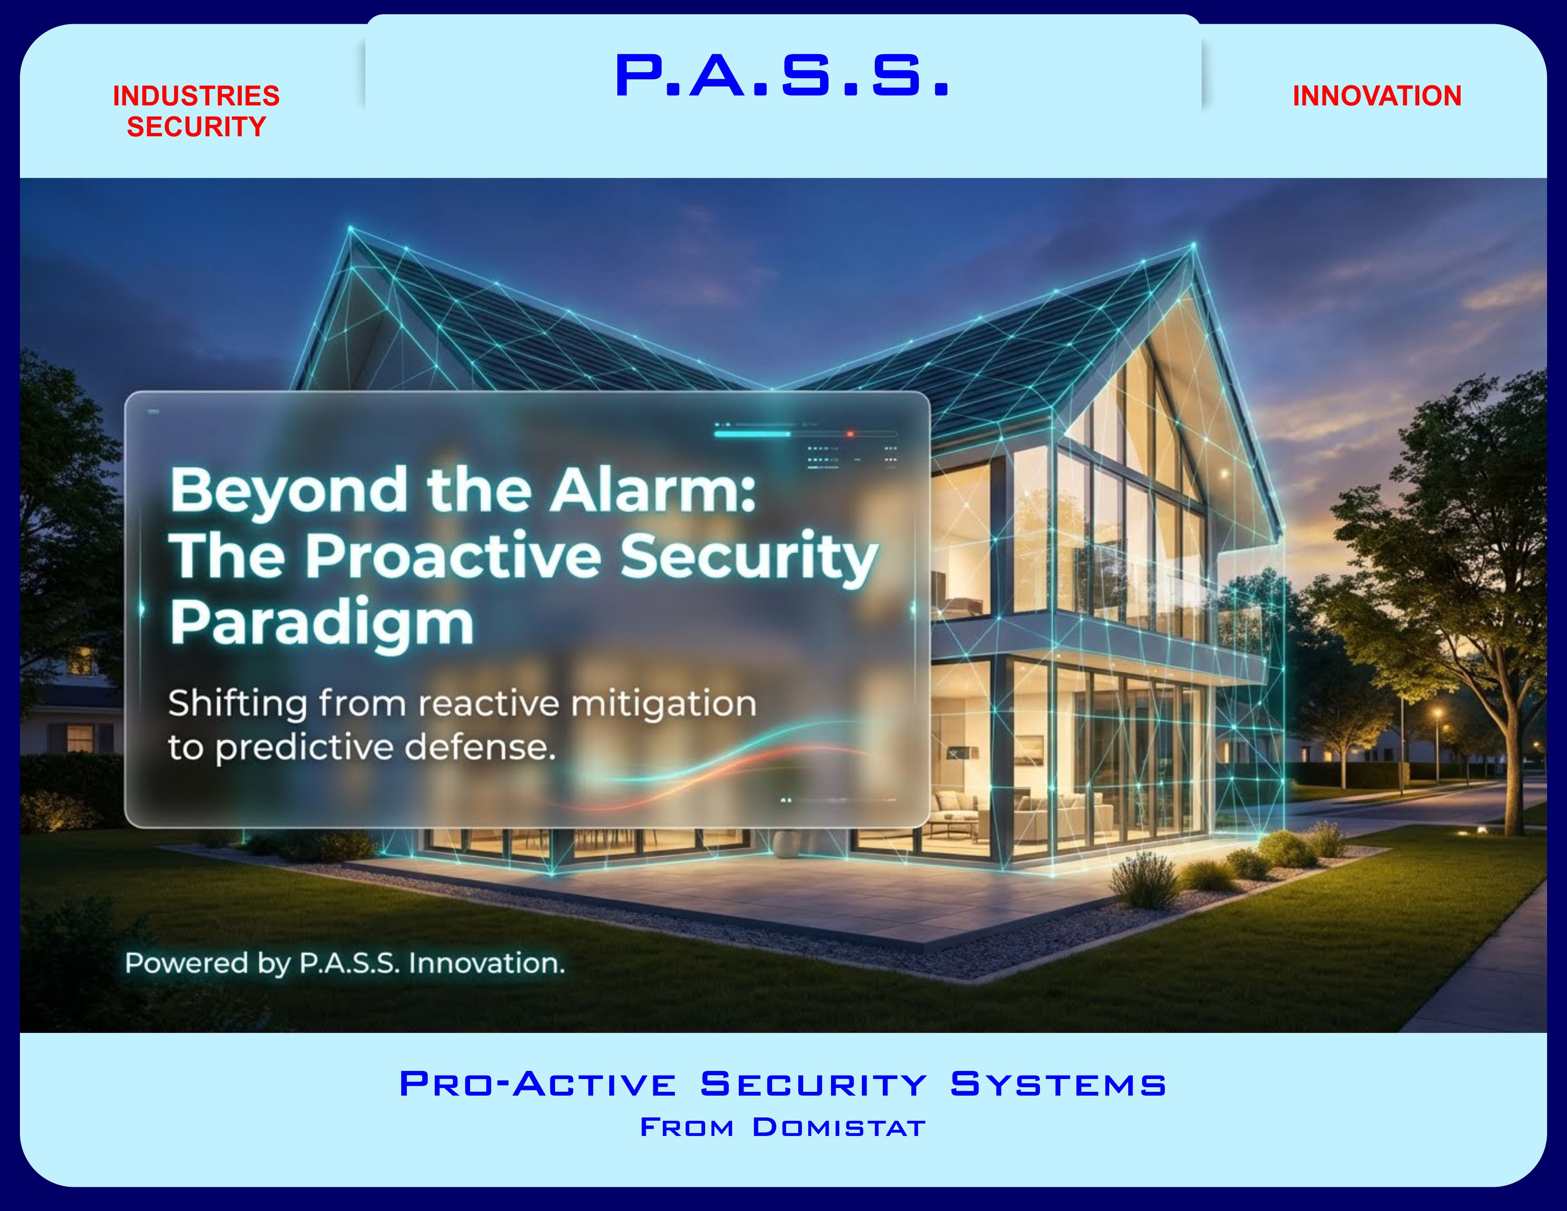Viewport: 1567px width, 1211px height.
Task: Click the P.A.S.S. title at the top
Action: tap(782, 76)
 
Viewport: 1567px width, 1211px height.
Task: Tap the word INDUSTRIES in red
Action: tap(196, 96)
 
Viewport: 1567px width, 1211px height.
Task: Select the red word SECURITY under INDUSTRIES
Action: tap(196, 127)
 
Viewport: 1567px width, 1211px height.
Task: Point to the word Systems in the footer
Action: tap(1058, 1084)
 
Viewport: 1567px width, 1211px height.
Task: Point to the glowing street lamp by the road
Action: tap(1437, 714)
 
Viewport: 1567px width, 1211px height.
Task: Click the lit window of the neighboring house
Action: tap(80, 738)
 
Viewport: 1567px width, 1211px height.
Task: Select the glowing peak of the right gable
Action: tap(1193, 246)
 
